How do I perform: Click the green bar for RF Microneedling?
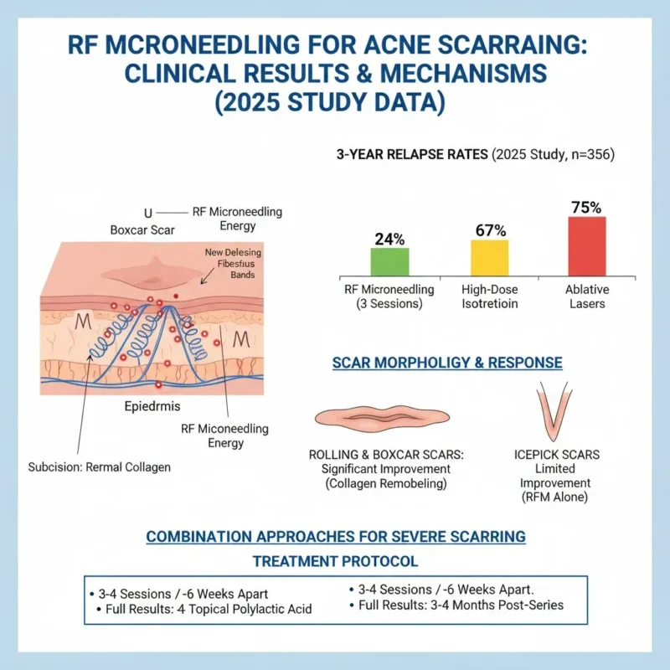click(x=389, y=260)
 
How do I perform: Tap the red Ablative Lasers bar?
click(x=586, y=245)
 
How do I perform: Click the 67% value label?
click(x=489, y=229)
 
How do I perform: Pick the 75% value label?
click(x=586, y=207)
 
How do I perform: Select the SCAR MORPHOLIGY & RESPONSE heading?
click(x=447, y=363)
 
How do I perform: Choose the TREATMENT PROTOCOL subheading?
click(x=335, y=560)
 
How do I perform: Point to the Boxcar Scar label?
click(x=143, y=229)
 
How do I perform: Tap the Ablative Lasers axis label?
click(x=586, y=296)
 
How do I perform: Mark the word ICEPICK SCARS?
click(x=555, y=455)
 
